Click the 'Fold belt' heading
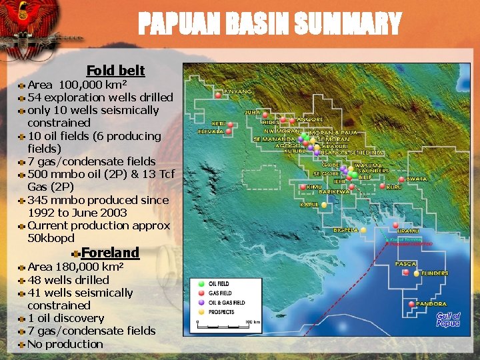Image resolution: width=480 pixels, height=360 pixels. point(115,70)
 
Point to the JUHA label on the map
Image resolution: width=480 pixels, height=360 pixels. point(252,113)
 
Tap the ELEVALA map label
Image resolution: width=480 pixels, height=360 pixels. point(212,132)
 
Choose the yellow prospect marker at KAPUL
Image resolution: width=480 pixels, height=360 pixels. point(325,205)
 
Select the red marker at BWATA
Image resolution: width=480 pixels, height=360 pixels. point(401,179)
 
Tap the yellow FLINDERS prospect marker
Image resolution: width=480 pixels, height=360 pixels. point(417,273)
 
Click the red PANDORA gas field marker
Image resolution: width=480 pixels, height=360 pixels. point(411,304)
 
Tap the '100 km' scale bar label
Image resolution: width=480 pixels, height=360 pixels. point(252,321)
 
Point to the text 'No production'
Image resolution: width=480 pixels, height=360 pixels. point(65,344)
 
